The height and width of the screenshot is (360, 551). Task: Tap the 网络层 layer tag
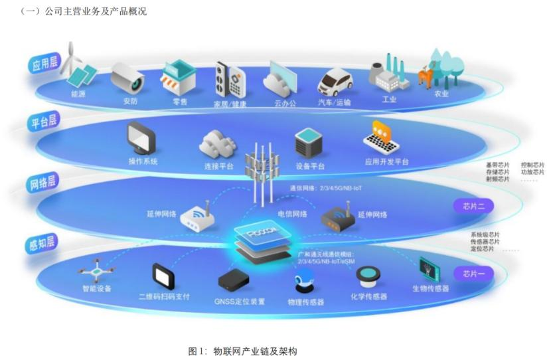click(x=43, y=181)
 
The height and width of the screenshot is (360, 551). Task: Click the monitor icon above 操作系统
click(x=141, y=139)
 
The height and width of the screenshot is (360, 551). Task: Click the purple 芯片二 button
click(x=474, y=206)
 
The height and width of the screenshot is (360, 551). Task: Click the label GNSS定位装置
click(x=240, y=301)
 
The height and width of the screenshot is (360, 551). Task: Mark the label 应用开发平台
click(x=386, y=161)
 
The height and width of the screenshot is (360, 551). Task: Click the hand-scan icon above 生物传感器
click(x=430, y=268)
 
